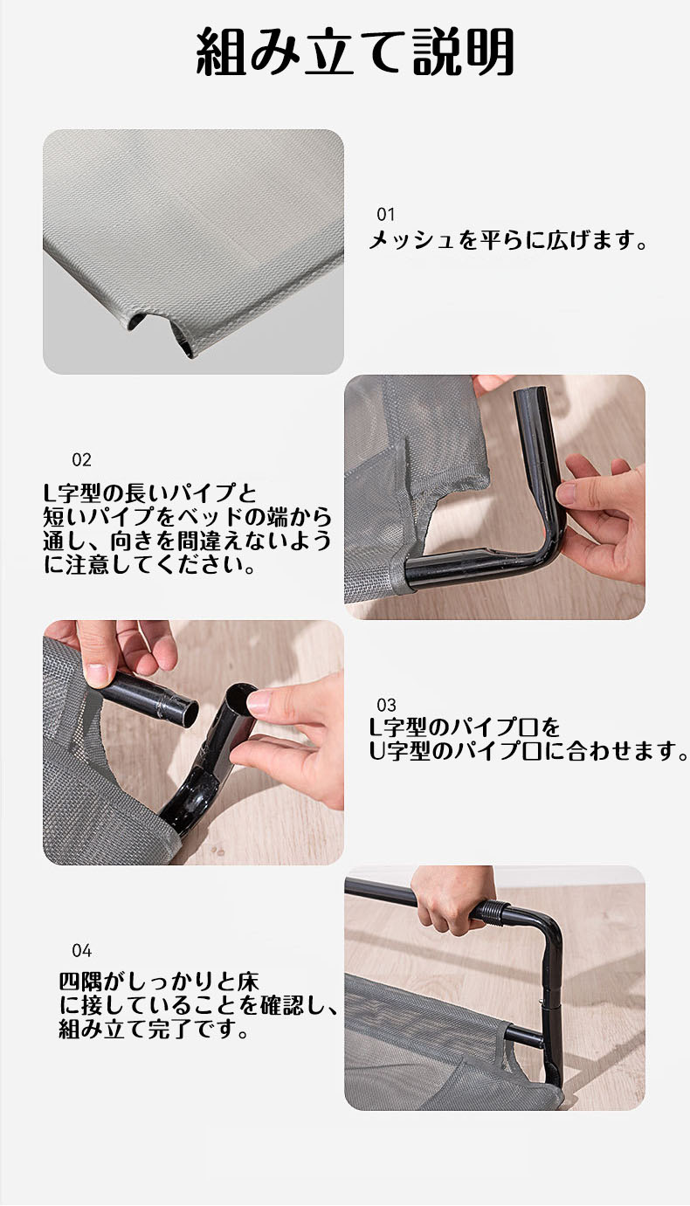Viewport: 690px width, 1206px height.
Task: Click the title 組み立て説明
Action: tap(355, 52)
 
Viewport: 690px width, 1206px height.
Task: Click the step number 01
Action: tap(386, 215)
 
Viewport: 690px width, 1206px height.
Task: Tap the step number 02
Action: tap(82, 460)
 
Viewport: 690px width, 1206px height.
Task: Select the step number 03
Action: tap(386, 705)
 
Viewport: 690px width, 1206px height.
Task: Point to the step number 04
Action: tap(82, 951)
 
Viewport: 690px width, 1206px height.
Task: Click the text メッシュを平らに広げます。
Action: tap(508, 240)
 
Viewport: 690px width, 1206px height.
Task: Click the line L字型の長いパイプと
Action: tap(150, 493)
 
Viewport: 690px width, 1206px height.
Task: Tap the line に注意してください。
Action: tap(149, 565)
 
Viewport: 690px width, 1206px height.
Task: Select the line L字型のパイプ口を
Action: tap(465, 727)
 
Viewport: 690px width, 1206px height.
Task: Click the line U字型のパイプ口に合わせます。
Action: tap(528, 751)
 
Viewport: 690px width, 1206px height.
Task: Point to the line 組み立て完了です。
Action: tap(154, 1030)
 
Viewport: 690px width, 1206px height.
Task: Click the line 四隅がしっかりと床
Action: tap(159, 982)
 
